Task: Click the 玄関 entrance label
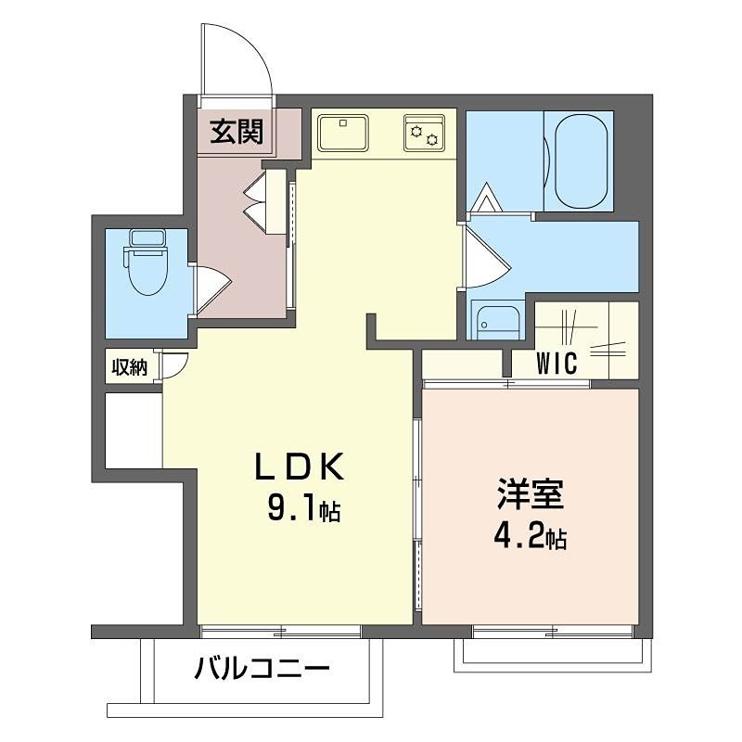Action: [236, 133]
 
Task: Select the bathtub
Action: [582, 161]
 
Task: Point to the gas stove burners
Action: [425, 132]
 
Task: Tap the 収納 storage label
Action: [130, 367]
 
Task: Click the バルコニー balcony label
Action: [262, 668]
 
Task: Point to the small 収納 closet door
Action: [174, 366]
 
